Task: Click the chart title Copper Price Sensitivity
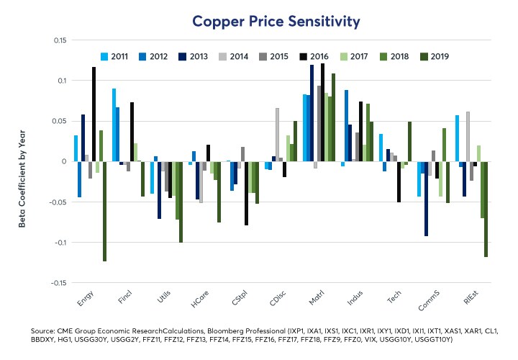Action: (276, 22)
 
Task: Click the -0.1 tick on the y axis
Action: (55, 242)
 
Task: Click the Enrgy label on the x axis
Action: (84, 297)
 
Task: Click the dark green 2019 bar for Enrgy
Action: (104, 211)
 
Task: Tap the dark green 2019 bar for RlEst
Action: (486, 209)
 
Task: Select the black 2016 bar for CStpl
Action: (246, 193)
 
